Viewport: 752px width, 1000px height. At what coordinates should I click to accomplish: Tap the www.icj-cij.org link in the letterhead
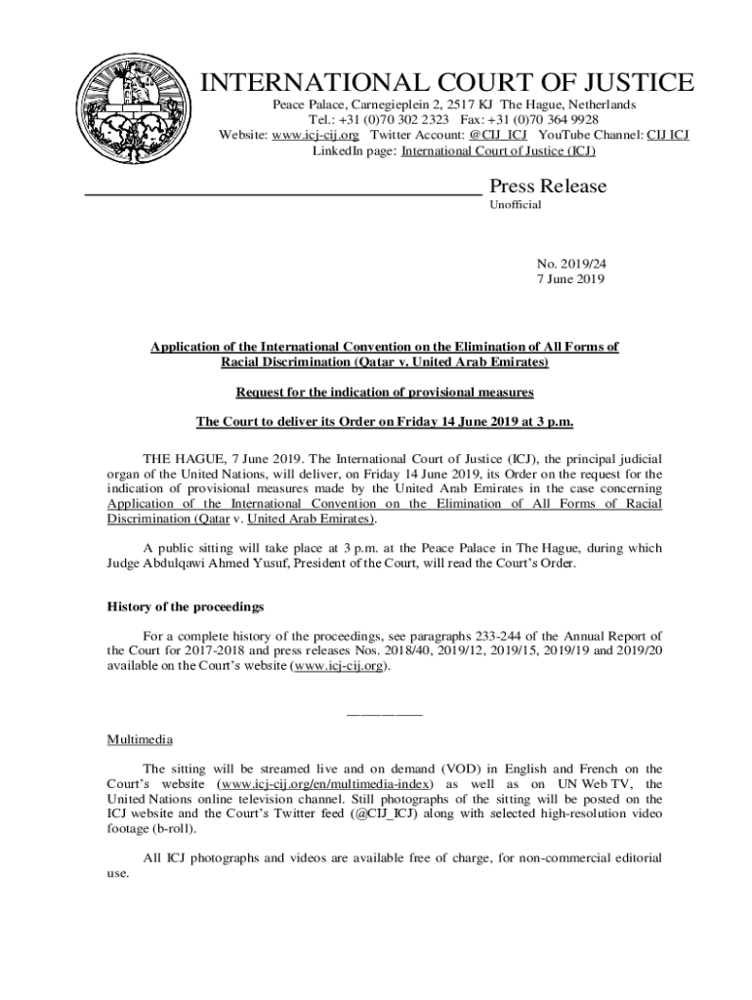point(314,135)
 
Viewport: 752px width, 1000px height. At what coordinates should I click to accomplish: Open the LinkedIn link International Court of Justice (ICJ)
point(498,151)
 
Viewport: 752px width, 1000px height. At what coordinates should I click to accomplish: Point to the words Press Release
point(547,187)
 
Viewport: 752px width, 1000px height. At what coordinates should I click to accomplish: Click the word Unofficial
point(515,205)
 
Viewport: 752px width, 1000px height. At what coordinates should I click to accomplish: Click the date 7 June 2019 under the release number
point(570,279)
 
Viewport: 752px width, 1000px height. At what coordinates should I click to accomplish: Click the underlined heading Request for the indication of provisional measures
point(384,393)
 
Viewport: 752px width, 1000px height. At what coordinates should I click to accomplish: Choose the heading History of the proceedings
point(185,607)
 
